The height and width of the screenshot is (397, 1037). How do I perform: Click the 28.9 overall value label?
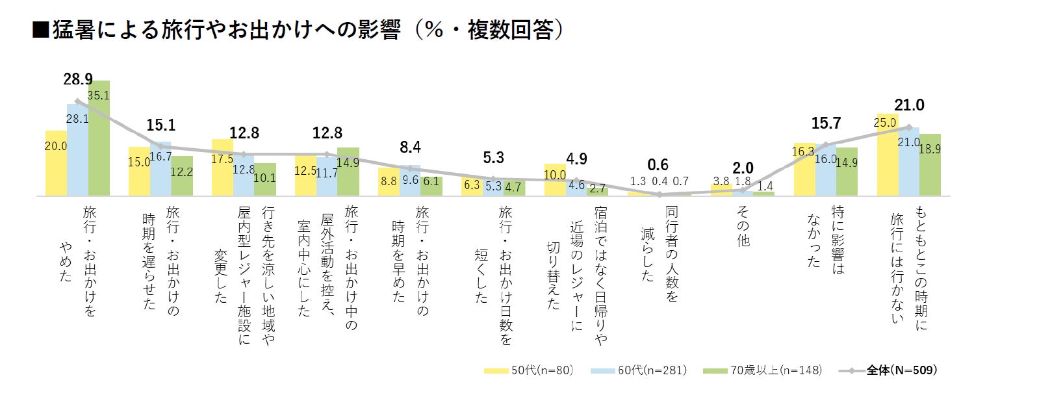coord(77,79)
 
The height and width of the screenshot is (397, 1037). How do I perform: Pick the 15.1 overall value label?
coord(160,125)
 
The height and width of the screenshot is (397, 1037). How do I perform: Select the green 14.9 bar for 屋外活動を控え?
coord(348,172)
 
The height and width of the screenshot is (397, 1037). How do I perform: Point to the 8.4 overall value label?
coord(410,147)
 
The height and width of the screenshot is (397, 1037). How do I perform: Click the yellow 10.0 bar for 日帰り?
coord(554,180)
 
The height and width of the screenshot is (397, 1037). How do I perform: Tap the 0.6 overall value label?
coord(658,165)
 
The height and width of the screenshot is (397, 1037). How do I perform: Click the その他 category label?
coord(743,226)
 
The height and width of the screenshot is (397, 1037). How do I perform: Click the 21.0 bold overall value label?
coord(909,105)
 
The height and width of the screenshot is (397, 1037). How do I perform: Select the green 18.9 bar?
coord(930,165)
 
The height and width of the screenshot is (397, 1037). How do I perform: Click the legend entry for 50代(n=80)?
coord(529,370)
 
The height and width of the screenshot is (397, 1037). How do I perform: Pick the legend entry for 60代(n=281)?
coord(639,370)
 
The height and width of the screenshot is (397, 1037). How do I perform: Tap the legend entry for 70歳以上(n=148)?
coord(763,370)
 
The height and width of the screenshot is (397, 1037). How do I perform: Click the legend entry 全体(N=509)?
coord(888,370)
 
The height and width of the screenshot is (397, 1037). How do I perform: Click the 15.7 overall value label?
coord(826,123)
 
